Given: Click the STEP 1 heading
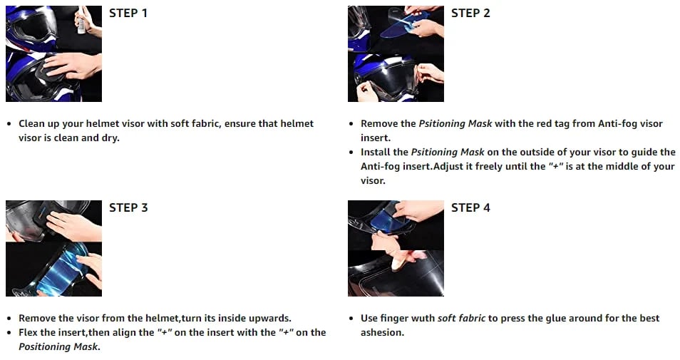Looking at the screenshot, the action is [x=128, y=14].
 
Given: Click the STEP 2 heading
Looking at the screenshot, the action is [x=470, y=14].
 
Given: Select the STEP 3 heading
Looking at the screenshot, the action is [x=128, y=207].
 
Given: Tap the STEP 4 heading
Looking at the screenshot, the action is [x=470, y=207].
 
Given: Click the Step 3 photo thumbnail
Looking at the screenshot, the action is [x=53, y=248].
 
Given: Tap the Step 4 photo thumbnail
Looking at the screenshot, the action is [x=396, y=248].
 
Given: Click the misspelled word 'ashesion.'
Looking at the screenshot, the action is [x=382, y=333].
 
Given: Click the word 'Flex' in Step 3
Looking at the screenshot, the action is [x=28, y=333].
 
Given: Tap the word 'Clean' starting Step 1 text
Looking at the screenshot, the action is [x=31, y=123].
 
